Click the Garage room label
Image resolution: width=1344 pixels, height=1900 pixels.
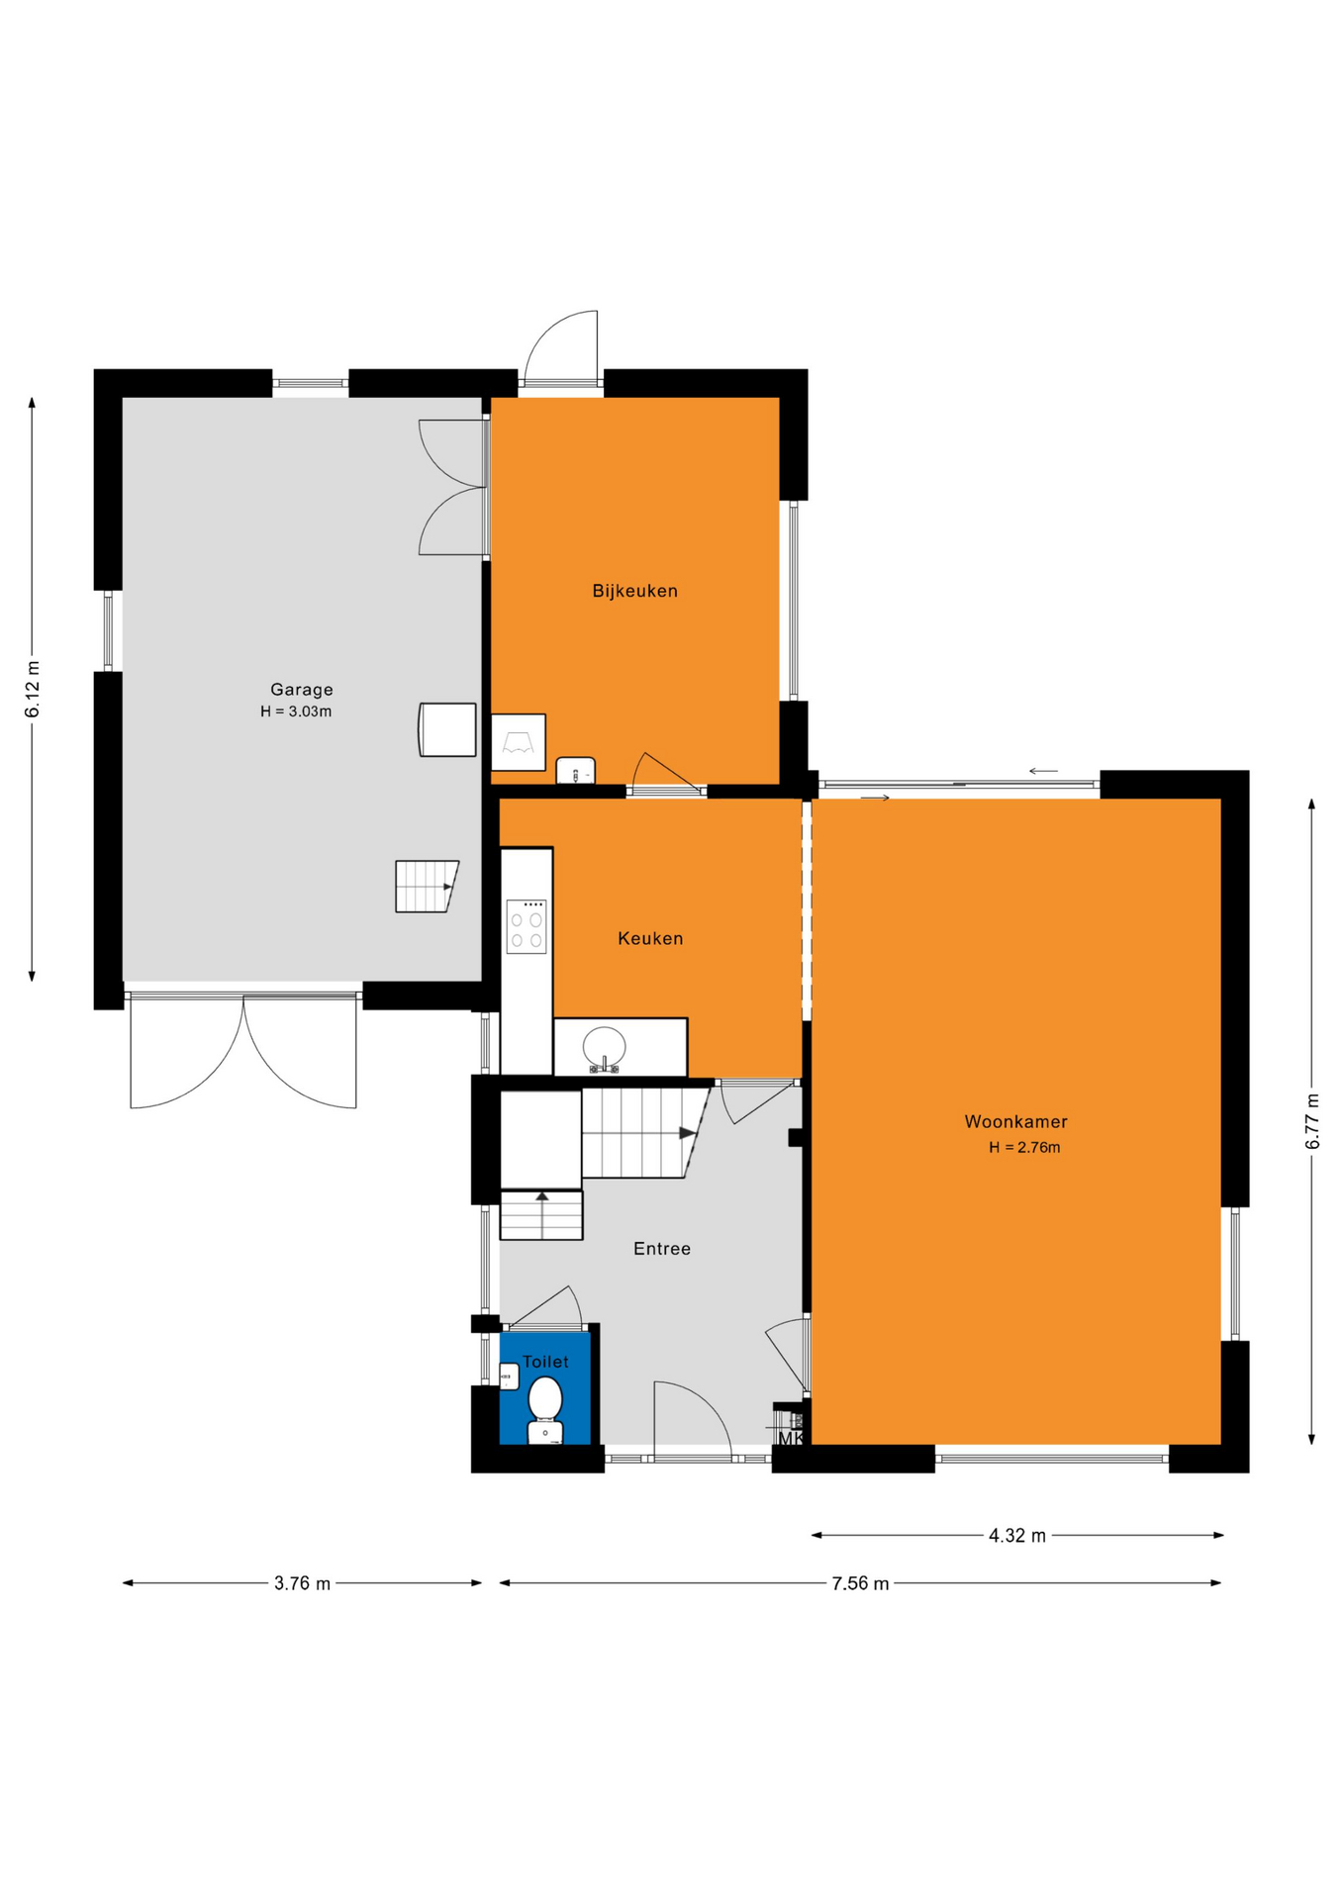coord(302,690)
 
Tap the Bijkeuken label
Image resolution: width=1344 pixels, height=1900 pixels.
coord(635,591)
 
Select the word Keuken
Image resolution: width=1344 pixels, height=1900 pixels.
coord(650,938)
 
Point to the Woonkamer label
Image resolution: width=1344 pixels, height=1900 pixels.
coord(1016,1121)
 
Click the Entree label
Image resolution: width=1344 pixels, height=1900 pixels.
coord(662,1249)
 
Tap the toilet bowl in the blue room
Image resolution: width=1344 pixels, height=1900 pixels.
coord(545,1409)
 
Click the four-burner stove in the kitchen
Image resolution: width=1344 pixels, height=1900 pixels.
coord(527,926)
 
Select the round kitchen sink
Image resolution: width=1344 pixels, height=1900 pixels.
coord(604,1047)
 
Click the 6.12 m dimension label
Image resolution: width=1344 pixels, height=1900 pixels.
coord(33,689)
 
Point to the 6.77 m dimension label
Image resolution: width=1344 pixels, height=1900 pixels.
coord(1312,1120)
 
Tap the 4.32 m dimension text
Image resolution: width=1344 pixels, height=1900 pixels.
coord(1017,1536)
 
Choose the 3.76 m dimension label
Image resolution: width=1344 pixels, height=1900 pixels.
coord(302,1583)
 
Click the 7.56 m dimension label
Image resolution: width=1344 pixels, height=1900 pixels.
coord(860,1583)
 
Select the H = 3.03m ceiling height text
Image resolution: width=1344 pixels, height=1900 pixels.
coord(296,712)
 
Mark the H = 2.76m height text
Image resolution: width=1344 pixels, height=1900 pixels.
coord(1024,1148)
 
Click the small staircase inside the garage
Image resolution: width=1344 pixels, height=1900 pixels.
coord(427,886)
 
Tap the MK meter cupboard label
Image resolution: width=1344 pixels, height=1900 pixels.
coord(791,1438)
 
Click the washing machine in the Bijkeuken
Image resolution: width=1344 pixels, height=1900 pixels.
coord(519,742)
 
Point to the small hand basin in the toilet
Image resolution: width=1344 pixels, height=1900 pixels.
coord(510,1377)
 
